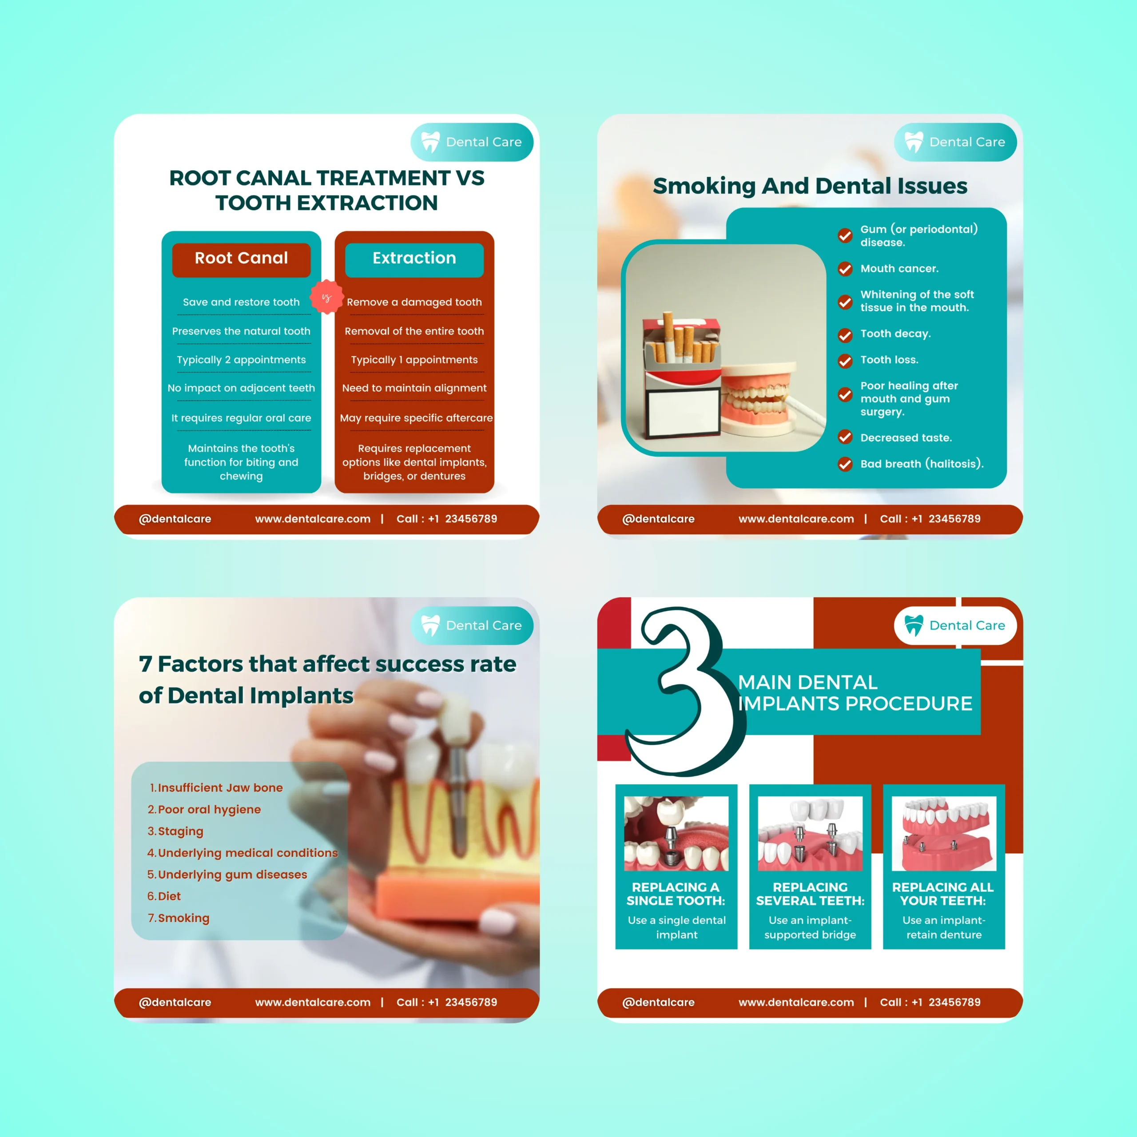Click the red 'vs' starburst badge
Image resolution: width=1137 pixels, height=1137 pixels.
click(326, 297)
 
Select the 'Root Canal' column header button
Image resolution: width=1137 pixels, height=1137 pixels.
click(241, 259)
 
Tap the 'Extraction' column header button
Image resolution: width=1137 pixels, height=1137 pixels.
click(414, 259)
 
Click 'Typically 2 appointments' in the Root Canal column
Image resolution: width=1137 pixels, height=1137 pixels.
click(241, 360)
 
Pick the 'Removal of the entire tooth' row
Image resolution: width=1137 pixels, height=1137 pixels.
click(414, 331)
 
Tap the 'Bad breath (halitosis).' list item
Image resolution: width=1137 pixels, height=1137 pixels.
click(922, 464)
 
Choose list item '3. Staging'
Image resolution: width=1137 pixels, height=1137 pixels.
click(175, 831)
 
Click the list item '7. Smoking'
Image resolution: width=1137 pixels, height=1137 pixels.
click(178, 918)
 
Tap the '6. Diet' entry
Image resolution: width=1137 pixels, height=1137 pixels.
click(164, 896)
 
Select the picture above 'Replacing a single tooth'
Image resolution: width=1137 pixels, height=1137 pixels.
click(676, 833)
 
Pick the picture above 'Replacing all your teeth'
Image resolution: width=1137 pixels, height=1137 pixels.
click(944, 833)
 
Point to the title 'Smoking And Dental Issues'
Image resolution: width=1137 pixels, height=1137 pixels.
click(810, 186)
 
